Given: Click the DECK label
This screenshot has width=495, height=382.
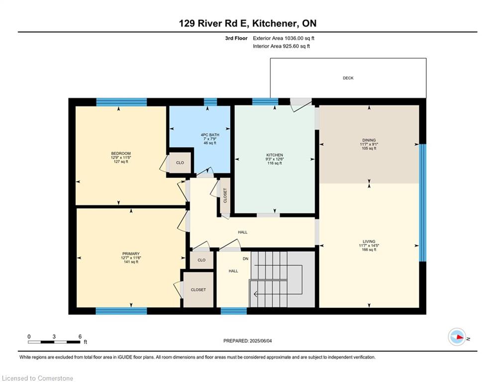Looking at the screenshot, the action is [x=348, y=78].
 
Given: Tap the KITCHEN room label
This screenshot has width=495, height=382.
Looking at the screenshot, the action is [x=274, y=155].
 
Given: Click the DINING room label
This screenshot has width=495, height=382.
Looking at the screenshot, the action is [x=369, y=140].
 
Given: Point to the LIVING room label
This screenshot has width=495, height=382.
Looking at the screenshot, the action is [x=369, y=242].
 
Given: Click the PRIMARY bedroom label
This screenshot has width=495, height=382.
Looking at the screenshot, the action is [x=131, y=254].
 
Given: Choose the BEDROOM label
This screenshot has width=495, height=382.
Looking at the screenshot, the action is [x=121, y=153].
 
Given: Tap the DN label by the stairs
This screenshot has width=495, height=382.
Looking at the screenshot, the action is [x=245, y=259].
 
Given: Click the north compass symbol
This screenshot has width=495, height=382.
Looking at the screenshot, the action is [x=457, y=337].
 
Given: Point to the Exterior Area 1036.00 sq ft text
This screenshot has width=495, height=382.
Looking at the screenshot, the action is [x=284, y=38].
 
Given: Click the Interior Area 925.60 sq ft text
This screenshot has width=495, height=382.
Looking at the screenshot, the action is [x=281, y=46].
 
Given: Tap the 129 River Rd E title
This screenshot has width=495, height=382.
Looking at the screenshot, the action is [x=247, y=23].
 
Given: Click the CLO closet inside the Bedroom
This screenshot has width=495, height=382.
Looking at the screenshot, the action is [x=180, y=163].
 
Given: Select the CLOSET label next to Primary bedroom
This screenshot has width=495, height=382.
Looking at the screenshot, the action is [x=198, y=289].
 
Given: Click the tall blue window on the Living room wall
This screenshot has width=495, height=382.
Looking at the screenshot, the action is [x=422, y=202].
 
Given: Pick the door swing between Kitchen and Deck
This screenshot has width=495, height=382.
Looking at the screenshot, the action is [x=300, y=102].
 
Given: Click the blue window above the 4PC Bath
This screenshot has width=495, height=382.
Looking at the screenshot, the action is [x=210, y=102].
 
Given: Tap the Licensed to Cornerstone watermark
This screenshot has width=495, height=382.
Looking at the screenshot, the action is [x=37, y=378].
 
